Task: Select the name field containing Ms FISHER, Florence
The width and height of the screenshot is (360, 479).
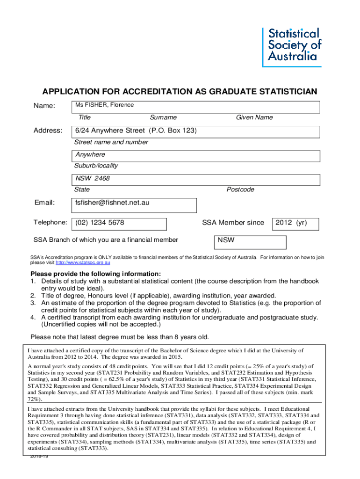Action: (x=195, y=107)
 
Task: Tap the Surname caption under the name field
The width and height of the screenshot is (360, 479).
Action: (x=163, y=117)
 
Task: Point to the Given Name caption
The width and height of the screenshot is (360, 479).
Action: (x=254, y=117)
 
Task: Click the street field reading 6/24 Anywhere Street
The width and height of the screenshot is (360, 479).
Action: (x=195, y=132)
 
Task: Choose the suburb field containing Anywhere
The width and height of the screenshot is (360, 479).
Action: (x=195, y=156)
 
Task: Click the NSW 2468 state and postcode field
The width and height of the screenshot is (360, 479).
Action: (x=195, y=180)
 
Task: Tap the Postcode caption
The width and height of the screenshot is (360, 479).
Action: (x=240, y=189)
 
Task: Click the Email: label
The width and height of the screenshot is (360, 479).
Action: (x=44, y=203)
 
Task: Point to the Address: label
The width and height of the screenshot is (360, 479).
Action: (x=48, y=130)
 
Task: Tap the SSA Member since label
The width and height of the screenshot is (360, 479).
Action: (x=233, y=223)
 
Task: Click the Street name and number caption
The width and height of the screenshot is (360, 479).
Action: (x=111, y=142)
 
